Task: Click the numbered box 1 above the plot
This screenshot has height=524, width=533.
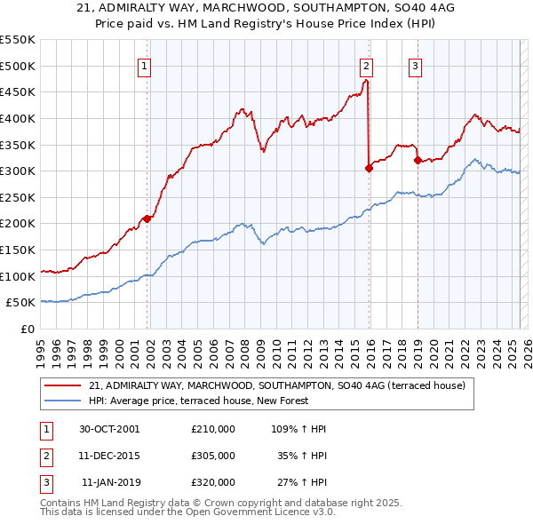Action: [x=144, y=65]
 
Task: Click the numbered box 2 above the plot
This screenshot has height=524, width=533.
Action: [x=366, y=65]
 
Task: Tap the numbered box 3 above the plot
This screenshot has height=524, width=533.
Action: [x=415, y=65]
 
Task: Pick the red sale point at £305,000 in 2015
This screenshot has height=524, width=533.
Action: [x=369, y=168]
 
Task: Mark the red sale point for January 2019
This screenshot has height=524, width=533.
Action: [x=417, y=161]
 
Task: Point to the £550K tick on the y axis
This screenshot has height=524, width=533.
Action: [x=18, y=40]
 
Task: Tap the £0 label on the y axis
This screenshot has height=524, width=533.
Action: [x=28, y=329]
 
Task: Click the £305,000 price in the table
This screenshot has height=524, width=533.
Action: [x=212, y=456]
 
